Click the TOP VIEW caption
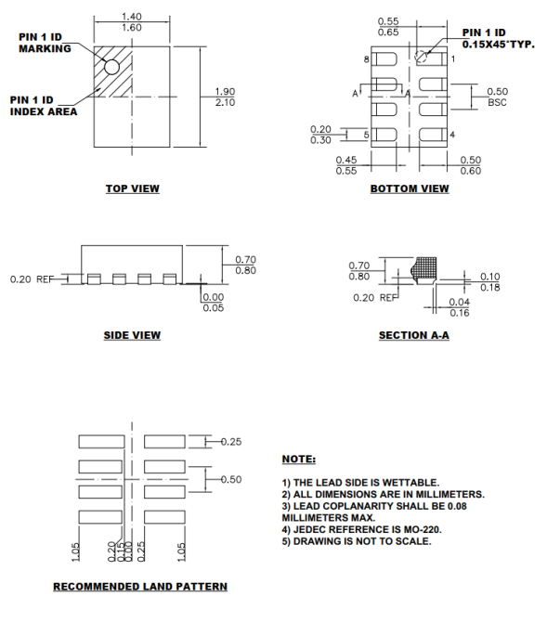click(x=132, y=188)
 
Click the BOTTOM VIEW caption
click(x=410, y=188)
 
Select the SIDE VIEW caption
click(x=132, y=335)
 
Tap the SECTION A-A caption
click(x=414, y=335)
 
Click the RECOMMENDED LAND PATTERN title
click(x=139, y=586)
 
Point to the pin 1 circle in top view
click(x=111, y=67)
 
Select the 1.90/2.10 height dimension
click(x=224, y=97)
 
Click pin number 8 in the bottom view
click(x=366, y=59)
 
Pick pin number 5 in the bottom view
click(x=366, y=136)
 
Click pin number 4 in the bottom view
click(x=452, y=136)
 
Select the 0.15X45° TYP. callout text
click(x=498, y=44)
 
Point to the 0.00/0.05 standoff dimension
click(x=213, y=303)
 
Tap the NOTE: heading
click(x=298, y=460)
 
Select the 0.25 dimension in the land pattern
click(x=229, y=441)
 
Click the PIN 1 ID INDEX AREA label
click(x=43, y=105)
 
